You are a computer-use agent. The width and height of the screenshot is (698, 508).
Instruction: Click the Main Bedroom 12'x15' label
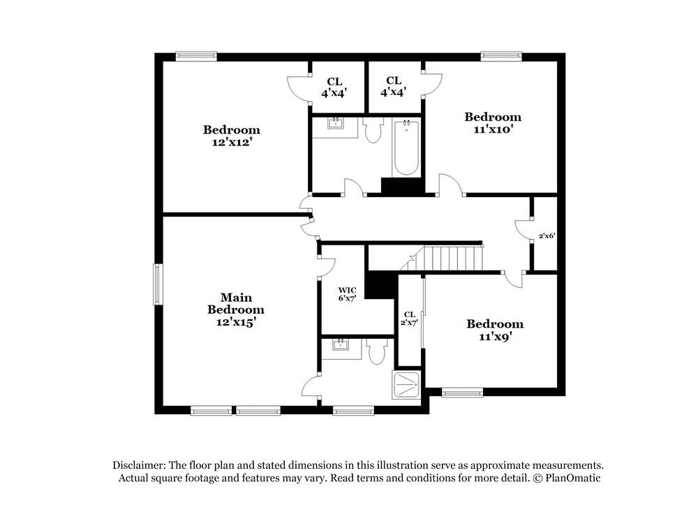coord(235,310)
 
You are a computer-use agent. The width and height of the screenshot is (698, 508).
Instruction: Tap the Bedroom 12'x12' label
coord(232,136)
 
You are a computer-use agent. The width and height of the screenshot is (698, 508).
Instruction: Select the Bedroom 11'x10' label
coord(493,123)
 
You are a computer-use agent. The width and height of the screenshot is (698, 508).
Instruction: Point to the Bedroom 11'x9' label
coord(494,330)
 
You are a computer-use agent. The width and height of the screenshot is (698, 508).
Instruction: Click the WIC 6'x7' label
coord(348,294)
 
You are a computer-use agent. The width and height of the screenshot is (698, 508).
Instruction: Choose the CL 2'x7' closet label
coord(409,318)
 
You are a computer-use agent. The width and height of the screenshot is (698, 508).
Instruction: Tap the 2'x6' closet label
coord(546,236)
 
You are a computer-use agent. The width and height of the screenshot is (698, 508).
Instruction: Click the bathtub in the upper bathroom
coord(406,148)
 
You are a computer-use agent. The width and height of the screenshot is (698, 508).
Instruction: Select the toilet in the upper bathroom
coord(373,129)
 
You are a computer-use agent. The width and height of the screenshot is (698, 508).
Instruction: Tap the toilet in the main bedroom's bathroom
coord(377,350)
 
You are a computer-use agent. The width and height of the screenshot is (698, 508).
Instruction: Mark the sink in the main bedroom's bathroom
coord(341,345)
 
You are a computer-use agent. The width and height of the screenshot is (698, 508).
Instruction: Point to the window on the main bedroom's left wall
coord(158,284)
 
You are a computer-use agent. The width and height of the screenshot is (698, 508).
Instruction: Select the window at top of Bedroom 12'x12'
coord(196,57)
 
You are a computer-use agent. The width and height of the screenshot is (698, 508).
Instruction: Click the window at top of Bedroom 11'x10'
coord(501,57)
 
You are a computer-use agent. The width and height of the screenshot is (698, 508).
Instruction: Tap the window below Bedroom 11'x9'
coord(462,393)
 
